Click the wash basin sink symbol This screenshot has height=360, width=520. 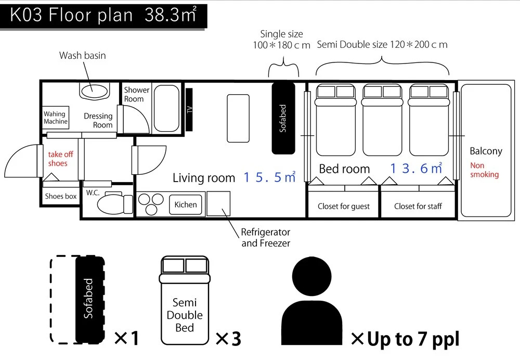(x=94, y=91)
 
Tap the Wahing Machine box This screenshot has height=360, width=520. (x=56, y=118)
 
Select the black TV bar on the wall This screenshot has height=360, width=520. (x=189, y=109)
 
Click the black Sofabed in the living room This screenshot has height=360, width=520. (x=283, y=119)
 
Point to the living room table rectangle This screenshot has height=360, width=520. (x=238, y=119)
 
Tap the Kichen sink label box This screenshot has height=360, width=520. (x=186, y=205)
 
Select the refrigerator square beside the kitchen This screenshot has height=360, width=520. (x=218, y=203)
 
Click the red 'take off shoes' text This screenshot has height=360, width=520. (x=60, y=159)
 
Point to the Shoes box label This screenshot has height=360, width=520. (x=61, y=196)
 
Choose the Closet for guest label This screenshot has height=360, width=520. (x=344, y=207)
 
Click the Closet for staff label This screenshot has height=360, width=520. (x=418, y=207)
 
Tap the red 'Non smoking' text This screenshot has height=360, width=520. (x=484, y=170)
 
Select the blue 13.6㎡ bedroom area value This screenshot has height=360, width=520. (x=416, y=168)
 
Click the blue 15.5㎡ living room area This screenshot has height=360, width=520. (x=269, y=177)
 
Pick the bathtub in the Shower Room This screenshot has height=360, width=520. (x=166, y=108)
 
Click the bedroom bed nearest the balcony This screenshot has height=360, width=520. (x=429, y=120)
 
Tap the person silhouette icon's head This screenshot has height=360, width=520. (x=311, y=276)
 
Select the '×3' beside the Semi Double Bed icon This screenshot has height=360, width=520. (x=228, y=339)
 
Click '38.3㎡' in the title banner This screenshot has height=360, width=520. (x=171, y=15)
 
